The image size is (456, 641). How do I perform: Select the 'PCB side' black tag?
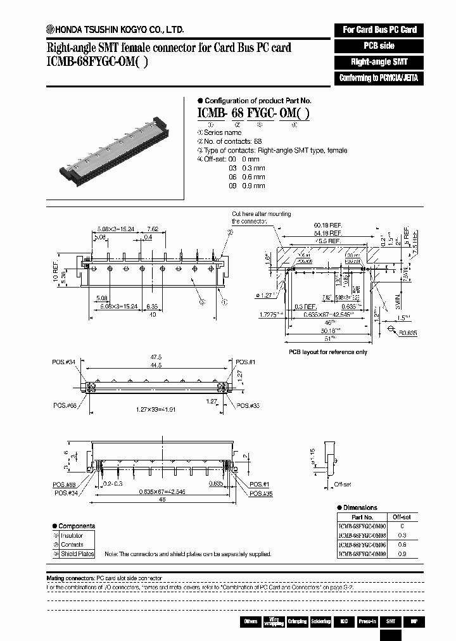(x=379, y=46)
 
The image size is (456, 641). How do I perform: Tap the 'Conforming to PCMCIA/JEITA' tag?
(x=379, y=79)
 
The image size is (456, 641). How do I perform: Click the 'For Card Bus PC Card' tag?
(x=379, y=30)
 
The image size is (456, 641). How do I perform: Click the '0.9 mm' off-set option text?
(x=253, y=186)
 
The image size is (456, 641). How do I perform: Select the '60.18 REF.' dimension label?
(x=324, y=225)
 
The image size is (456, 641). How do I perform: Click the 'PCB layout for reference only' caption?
(x=327, y=352)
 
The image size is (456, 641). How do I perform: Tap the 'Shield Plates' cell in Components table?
(x=77, y=554)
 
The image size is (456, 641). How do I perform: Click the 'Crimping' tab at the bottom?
(x=296, y=621)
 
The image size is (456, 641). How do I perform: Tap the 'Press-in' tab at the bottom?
(x=367, y=621)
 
